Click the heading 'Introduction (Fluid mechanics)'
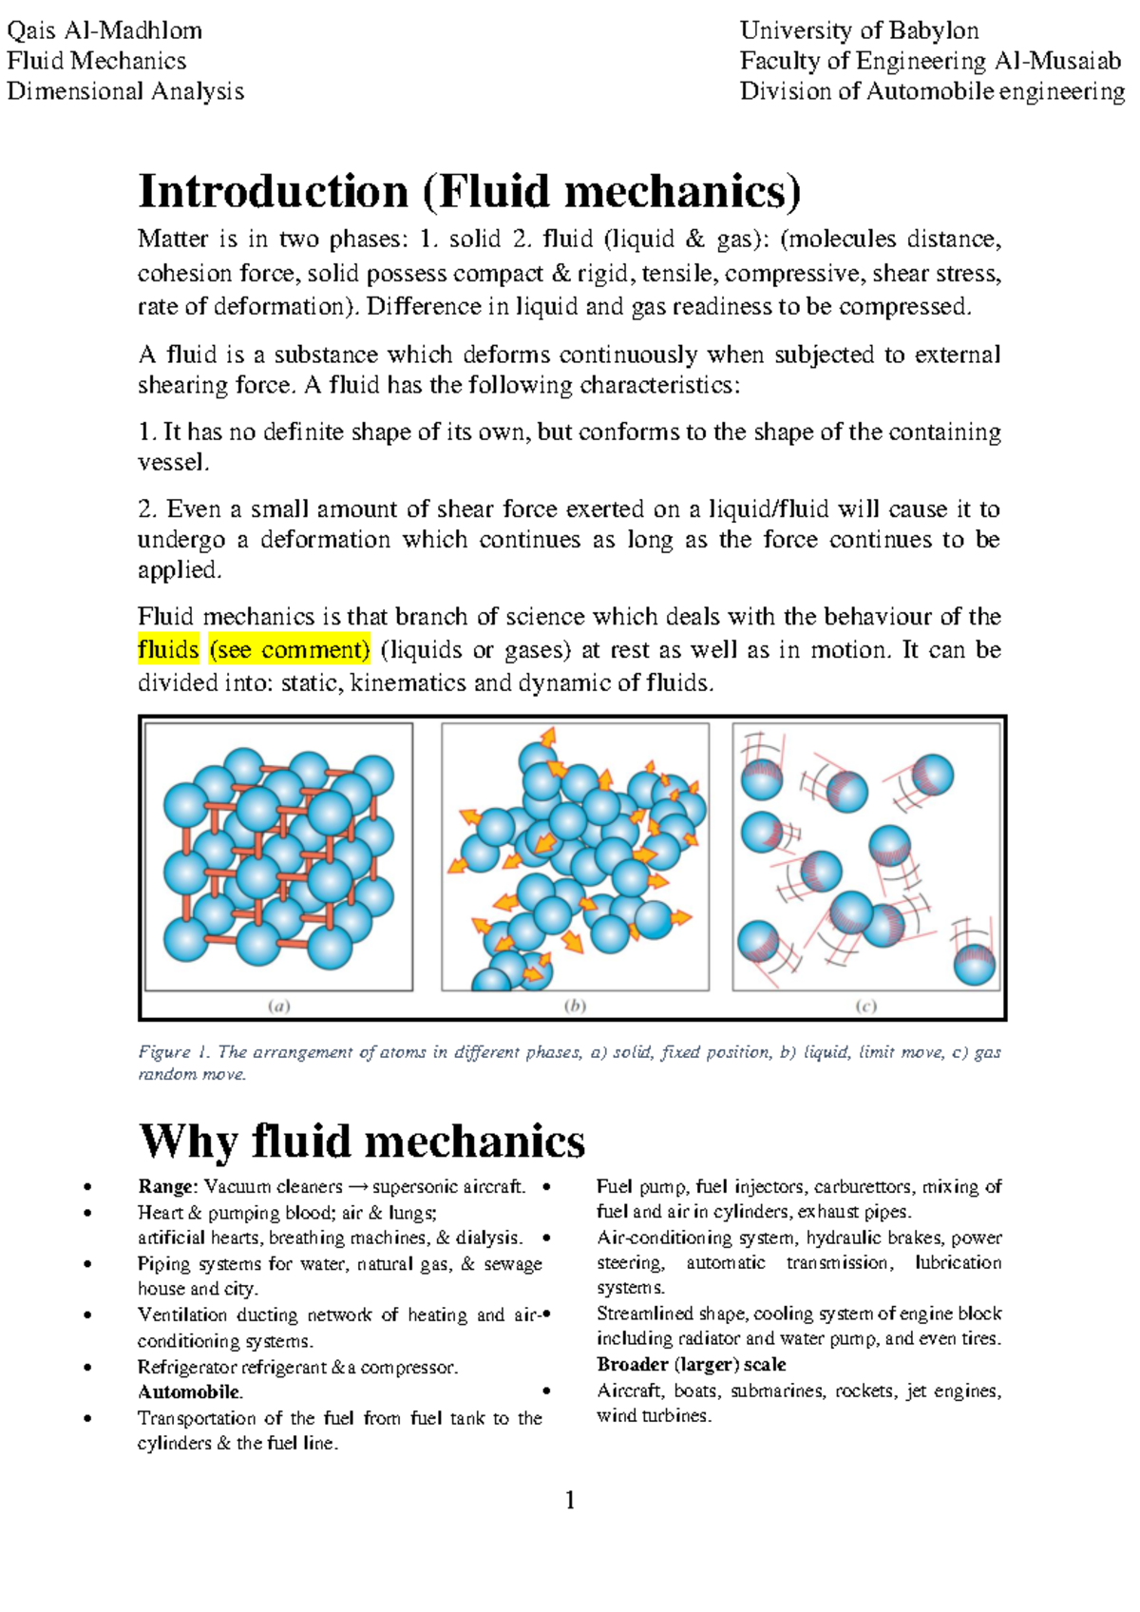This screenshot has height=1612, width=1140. coord(469,191)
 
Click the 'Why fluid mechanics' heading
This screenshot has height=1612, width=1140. coord(362,1141)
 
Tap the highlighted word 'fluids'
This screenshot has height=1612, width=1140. coord(168,650)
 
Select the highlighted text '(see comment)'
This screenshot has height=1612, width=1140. coord(289,650)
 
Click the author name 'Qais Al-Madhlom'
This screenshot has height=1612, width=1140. coord(104,30)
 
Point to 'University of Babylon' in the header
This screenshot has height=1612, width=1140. coord(859,30)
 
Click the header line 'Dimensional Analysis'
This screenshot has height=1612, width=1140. coord(125,91)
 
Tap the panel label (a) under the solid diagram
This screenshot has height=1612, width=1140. coord(278,1006)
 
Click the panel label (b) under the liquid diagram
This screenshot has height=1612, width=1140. coord(575,1006)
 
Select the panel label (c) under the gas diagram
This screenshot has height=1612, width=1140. coord(865,1006)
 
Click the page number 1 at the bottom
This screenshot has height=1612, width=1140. coord(570,1501)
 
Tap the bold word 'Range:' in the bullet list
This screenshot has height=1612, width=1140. coord(167,1187)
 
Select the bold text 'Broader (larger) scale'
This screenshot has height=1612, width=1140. coord(691,1365)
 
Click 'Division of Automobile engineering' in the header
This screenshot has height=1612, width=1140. coord(932,91)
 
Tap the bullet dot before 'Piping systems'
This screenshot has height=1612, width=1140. coord(87,1264)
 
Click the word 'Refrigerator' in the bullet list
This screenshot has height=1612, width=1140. coord(187,1368)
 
